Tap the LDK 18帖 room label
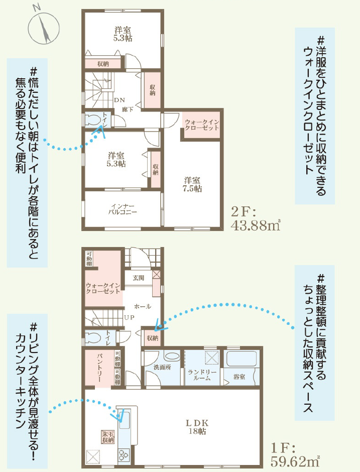(197, 427)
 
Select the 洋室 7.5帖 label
(192, 184)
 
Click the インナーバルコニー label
(123, 209)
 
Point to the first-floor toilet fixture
(92, 337)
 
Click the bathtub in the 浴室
(242, 359)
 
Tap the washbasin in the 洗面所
(172, 356)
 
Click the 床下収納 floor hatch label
(108, 437)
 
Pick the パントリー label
(99, 368)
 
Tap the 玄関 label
(139, 278)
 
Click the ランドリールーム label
(202, 375)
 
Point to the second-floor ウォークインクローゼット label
(202, 125)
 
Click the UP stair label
(130, 317)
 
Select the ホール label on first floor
(143, 306)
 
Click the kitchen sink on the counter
(124, 419)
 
